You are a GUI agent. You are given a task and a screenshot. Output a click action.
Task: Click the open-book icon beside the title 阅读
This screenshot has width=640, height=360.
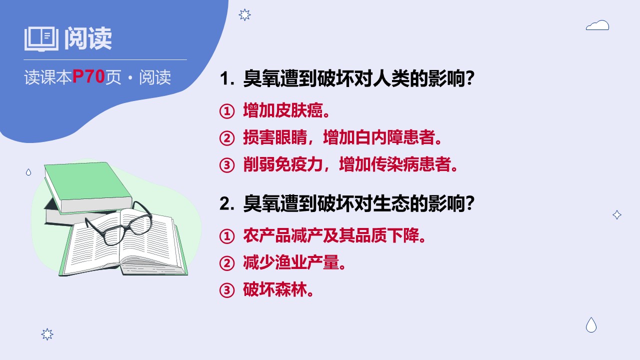tap(41, 39)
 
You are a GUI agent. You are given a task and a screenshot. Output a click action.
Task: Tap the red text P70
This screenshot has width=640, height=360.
tap(88, 76)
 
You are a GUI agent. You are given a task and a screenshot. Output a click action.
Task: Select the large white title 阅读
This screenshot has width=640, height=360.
tap(87, 38)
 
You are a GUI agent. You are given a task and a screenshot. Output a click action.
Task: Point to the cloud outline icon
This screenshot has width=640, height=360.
tap(597, 25)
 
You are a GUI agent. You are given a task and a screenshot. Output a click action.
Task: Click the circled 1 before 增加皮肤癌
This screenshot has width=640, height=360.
tap(227, 111)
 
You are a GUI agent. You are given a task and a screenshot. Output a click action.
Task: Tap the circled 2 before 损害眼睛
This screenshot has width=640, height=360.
tap(227, 138)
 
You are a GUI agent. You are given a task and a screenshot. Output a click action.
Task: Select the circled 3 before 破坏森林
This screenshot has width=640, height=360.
tap(227, 290)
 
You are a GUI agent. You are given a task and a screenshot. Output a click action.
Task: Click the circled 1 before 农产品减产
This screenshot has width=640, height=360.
tap(227, 236)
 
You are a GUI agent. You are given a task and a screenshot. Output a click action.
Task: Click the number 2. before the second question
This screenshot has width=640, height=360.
tap(227, 203)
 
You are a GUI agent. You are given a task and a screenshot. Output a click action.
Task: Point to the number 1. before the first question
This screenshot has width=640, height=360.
tap(227, 78)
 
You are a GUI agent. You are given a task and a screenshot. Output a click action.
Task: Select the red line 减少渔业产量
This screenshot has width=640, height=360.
tap(294, 262)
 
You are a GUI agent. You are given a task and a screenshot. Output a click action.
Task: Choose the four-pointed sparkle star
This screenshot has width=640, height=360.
tap(617, 215)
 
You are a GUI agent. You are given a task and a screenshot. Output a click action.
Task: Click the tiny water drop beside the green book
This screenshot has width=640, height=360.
tap(28, 172)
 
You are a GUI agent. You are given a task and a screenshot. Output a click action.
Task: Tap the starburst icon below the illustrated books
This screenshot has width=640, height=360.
tap(47, 334)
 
